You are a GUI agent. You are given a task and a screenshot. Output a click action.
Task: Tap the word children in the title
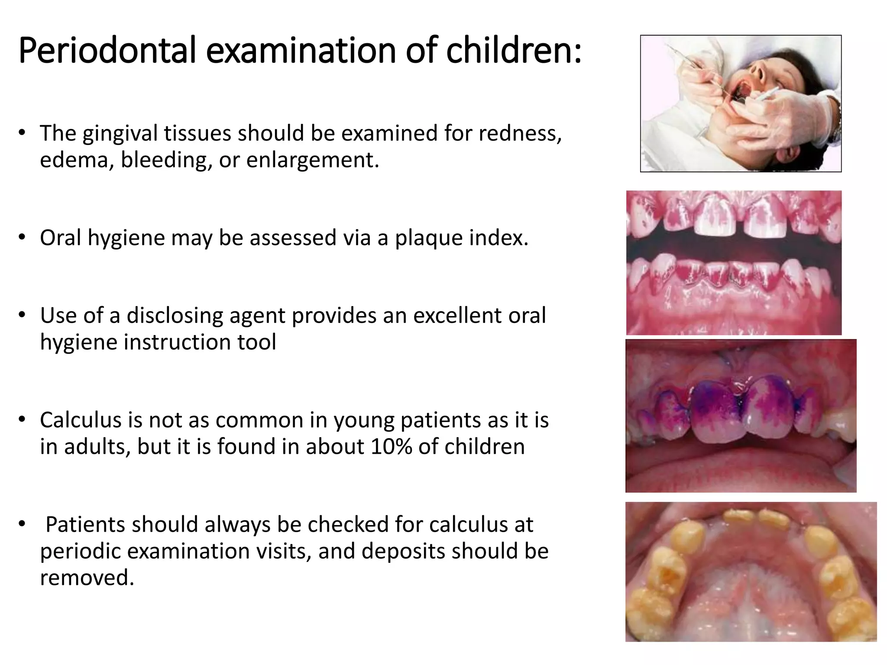513,51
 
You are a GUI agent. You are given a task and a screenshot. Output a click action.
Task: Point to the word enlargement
312,160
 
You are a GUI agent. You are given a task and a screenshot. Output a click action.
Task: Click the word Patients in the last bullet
85,525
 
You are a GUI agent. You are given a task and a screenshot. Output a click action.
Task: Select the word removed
87,578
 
